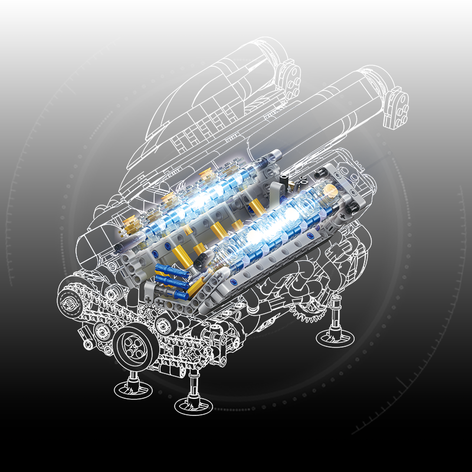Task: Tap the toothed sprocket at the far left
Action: click(70, 303)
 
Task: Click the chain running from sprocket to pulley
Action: click(100, 316)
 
